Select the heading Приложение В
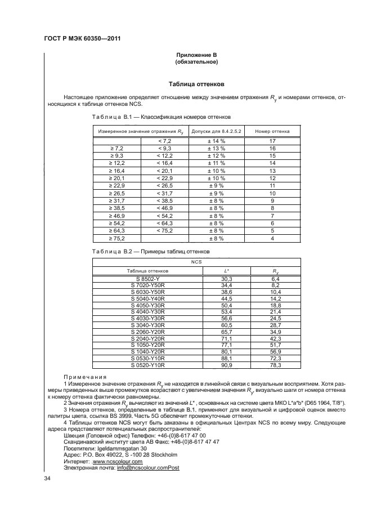tap(196, 54)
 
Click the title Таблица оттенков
tap(196, 84)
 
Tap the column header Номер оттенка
tap(272, 131)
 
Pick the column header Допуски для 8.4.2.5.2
tap(217, 131)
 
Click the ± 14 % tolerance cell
tap(217, 141)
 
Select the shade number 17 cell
tap(272, 141)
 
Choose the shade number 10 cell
tap(272, 193)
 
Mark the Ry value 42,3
tap(276, 339)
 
